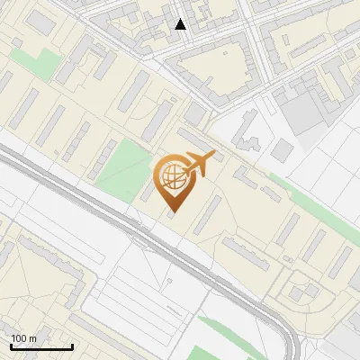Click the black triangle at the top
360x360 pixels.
click(181, 24)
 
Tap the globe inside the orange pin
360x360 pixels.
click(171, 176)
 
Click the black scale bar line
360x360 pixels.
click(41, 346)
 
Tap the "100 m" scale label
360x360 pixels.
click(24, 337)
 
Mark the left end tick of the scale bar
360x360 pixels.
click(11, 345)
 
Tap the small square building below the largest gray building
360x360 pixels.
click(283, 149)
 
